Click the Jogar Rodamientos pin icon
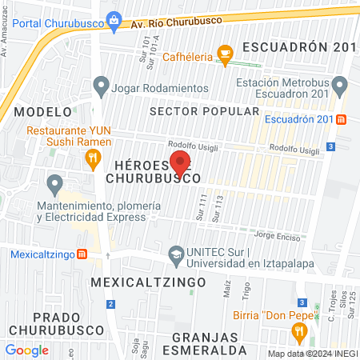(101, 84)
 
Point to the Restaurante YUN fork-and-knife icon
(94, 157)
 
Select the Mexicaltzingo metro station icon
(82, 254)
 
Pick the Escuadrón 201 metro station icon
(342, 120)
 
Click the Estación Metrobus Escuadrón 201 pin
(340, 84)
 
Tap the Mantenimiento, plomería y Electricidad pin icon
(54, 185)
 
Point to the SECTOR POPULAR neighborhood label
(204, 111)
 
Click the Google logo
(26, 350)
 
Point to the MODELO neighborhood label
(38, 111)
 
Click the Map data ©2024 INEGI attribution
(312, 354)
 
